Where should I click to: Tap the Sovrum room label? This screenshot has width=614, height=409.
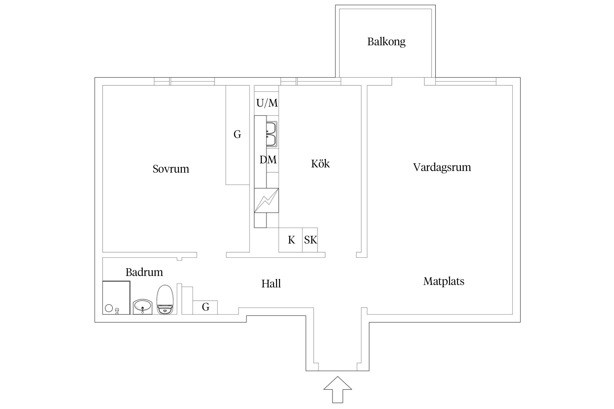coord(171,169)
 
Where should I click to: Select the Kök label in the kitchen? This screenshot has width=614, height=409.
coord(320,164)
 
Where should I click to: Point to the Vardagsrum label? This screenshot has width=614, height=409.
coord(442,167)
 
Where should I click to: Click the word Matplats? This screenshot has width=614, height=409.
coord(443,281)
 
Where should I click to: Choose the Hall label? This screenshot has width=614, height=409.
coord(271,284)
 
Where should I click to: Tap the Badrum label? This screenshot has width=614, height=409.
coord(144,272)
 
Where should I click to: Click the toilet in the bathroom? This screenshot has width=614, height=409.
coord(165,300)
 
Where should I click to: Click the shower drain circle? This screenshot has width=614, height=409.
coord(109,308)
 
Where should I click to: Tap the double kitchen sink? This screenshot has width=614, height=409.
coord(272,134)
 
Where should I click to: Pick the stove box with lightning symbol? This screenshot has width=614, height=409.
coord(266,200)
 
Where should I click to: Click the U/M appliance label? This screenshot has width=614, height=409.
coord(267,103)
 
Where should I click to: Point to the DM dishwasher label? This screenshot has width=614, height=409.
coord(268,160)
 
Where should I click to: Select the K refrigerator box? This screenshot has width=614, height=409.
coord(291,240)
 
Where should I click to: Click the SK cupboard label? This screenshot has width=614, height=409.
coord(310,240)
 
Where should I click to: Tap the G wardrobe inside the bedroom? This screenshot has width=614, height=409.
coord(237,135)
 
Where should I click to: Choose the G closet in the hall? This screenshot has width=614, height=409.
coord(205,307)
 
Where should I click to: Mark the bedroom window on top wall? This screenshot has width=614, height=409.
coord(184,81)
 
